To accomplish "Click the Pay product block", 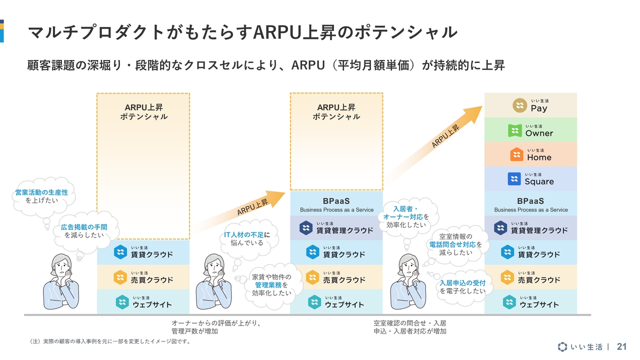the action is pos(530,105).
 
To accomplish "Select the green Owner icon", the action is pos(515,130).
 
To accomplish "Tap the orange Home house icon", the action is pos(516,154).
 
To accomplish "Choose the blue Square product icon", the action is pos(514,179).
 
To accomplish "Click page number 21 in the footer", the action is pos(621,346).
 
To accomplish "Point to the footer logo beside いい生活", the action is pos(562,346).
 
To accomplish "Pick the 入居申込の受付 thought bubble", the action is pos(462,287).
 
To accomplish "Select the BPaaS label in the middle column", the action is pos(336,201).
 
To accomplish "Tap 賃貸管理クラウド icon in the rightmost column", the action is pos(500,228).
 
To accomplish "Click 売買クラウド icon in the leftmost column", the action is pos(120,277).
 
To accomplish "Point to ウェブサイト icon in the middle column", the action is pos(314,302).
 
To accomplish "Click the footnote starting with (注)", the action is pos(109,341).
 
